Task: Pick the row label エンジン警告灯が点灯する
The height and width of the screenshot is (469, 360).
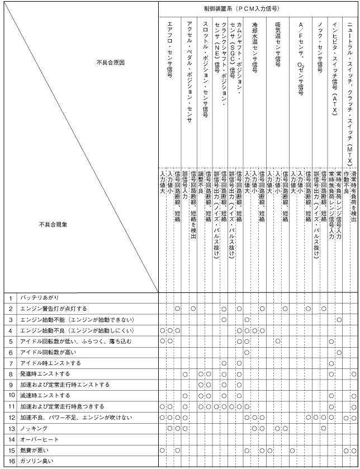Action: (x=54, y=309)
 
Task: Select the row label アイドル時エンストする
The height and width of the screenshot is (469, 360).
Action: (x=51, y=363)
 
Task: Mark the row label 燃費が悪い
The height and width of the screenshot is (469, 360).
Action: (x=36, y=450)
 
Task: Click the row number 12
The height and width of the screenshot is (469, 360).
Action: (x=11, y=418)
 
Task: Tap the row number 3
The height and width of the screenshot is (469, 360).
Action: (x=11, y=319)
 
